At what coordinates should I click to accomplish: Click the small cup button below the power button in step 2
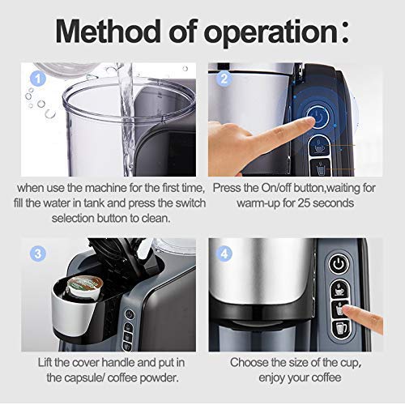click(318, 147)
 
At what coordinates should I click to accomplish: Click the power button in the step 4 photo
click(337, 264)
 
